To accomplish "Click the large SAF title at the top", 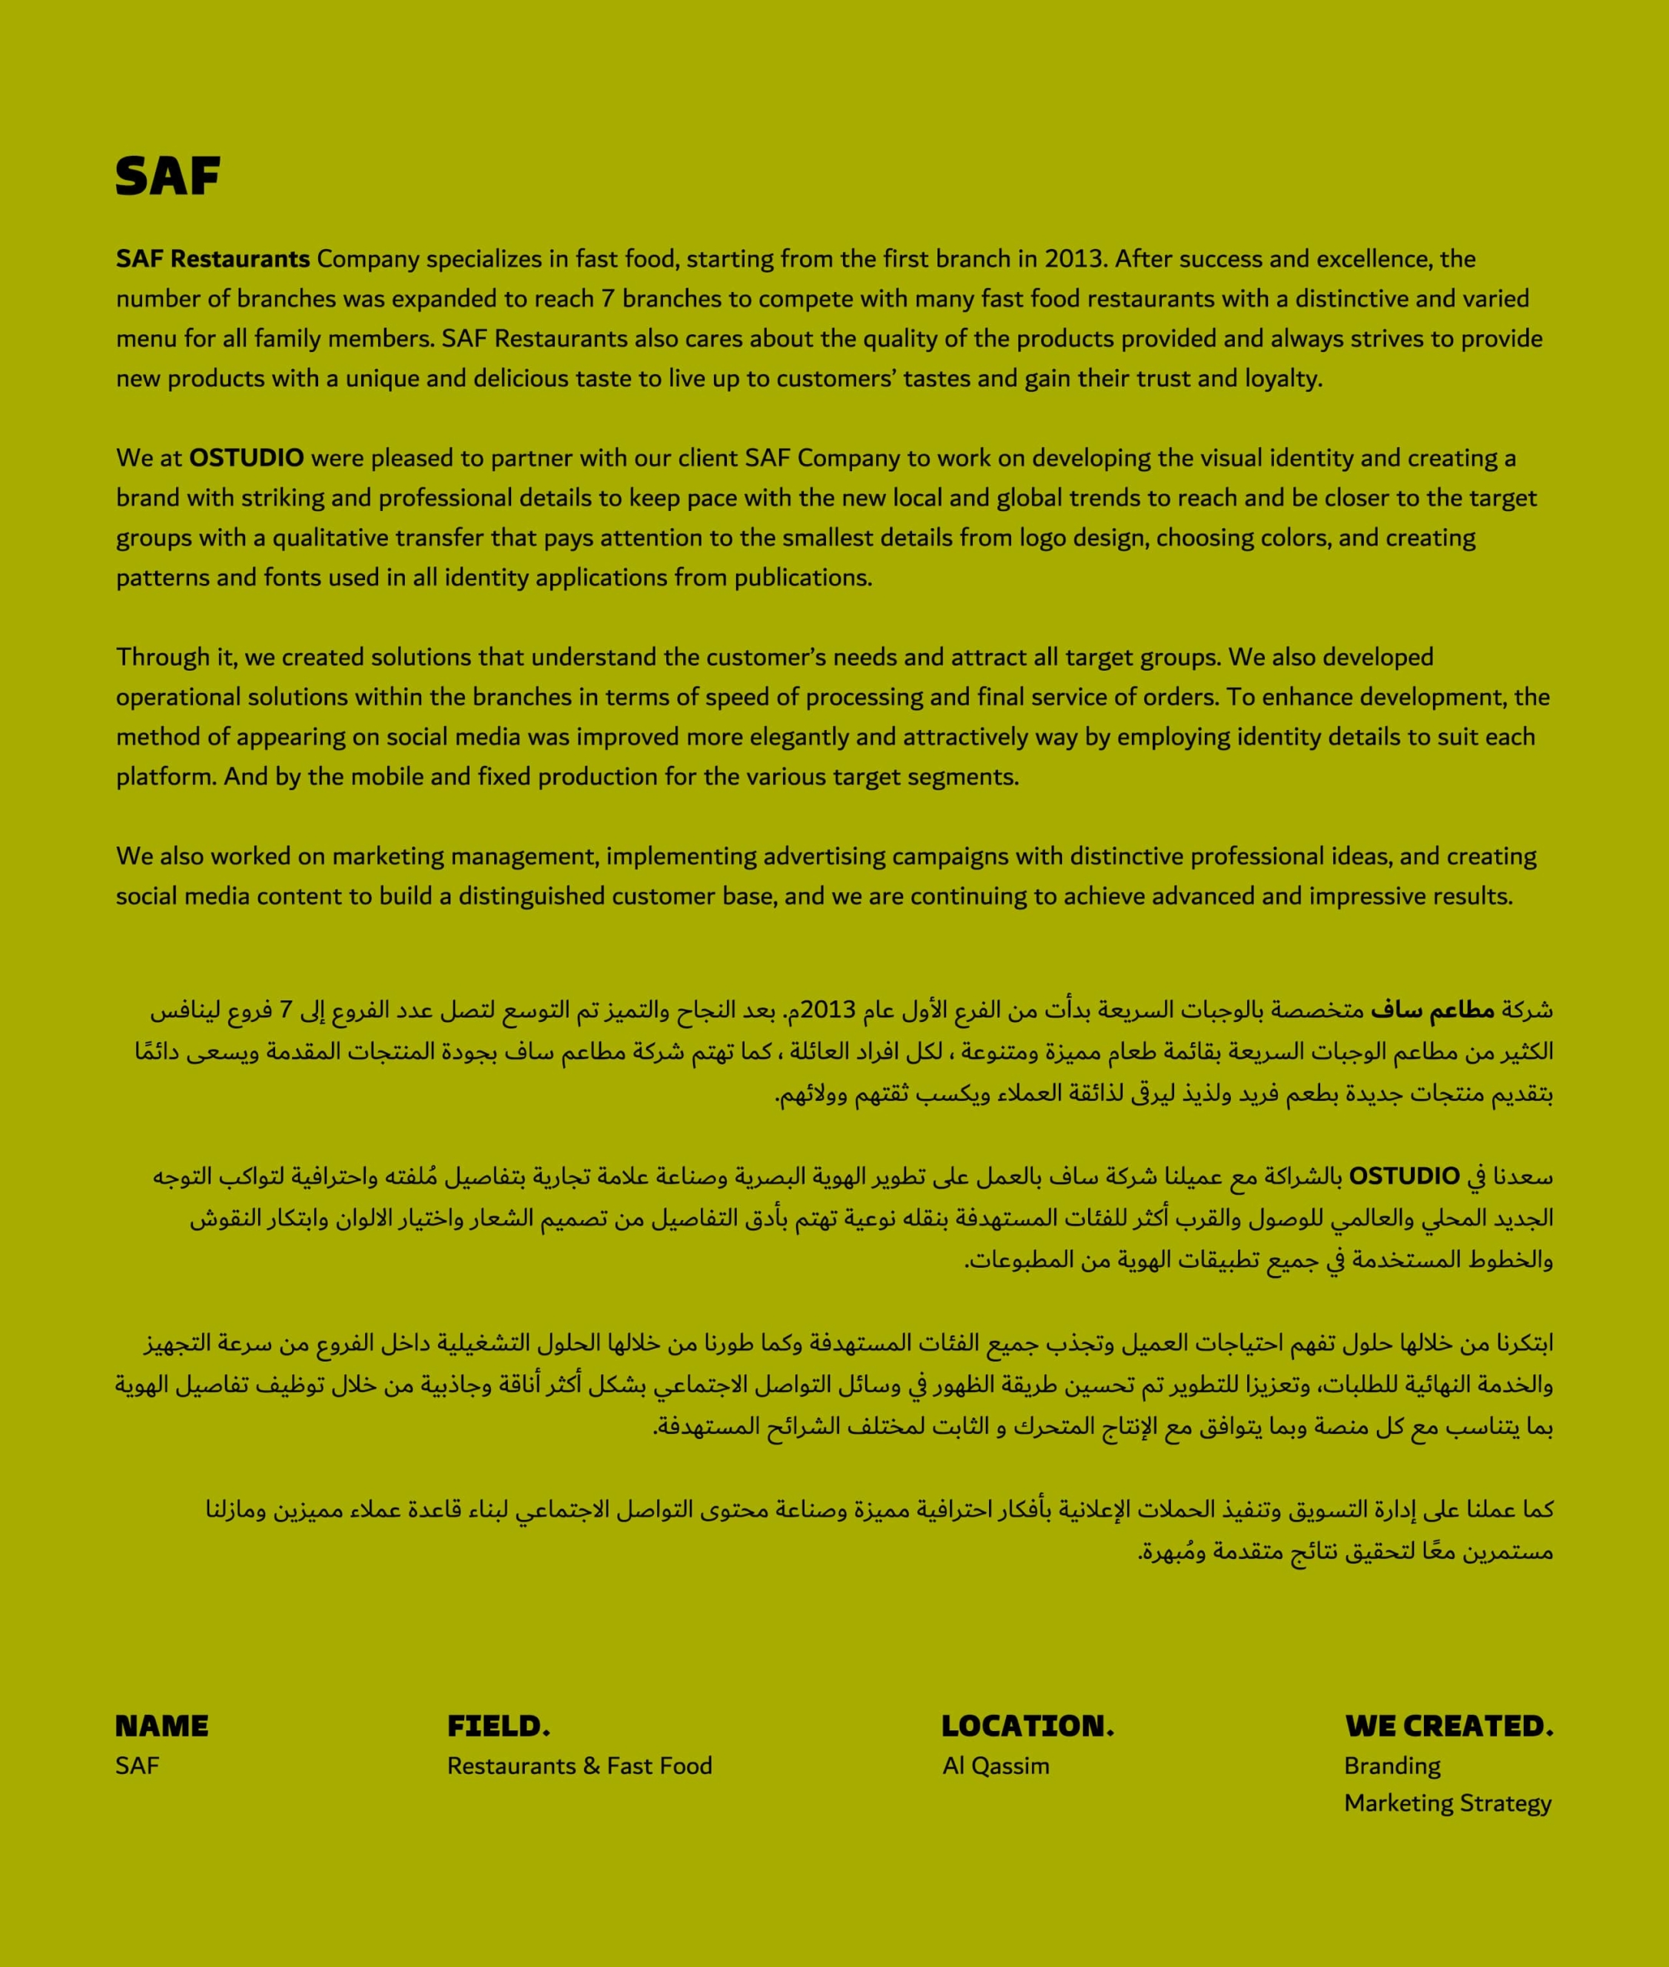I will (168, 176).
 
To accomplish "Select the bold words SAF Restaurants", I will (213, 259).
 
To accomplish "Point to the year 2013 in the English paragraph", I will (1074, 259).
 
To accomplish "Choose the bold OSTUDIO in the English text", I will (246, 458).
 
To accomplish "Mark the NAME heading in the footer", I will (162, 1726).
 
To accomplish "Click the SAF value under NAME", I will (138, 1766).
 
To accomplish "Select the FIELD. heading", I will (499, 1726).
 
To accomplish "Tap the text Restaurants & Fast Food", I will (579, 1766).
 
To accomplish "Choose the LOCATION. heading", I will (1027, 1726).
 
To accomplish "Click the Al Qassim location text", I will (995, 1766).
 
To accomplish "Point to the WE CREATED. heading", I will (1448, 1726).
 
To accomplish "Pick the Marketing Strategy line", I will (1448, 1803).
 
